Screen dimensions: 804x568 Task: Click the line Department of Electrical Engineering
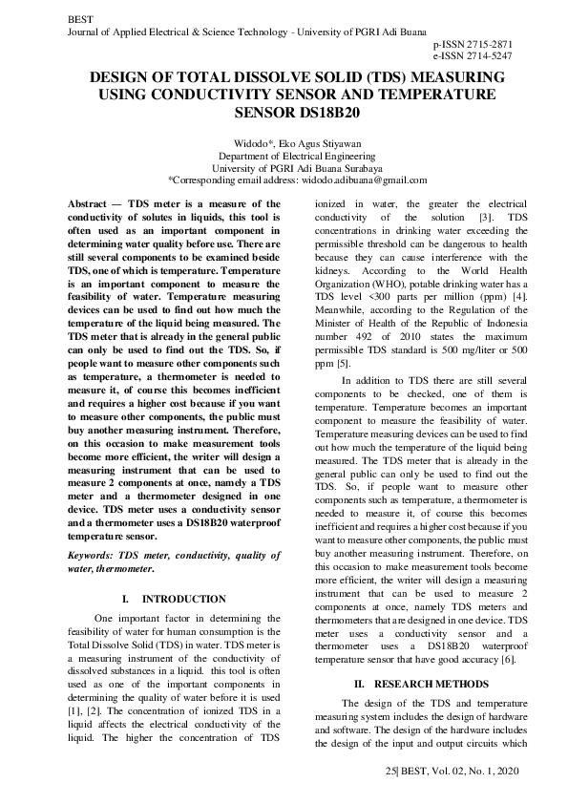pyautogui.click(x=283, y=156)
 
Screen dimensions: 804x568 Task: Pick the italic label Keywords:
pyautogui.click(x=95, y=555)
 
